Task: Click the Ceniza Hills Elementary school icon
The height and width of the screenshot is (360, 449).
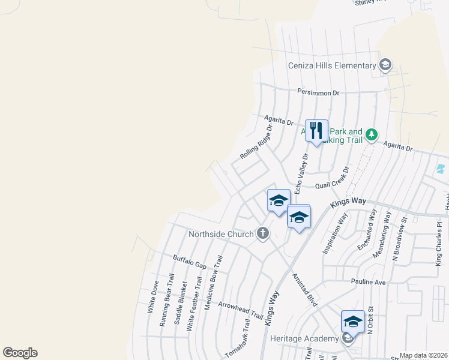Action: pyautogui.click(x=385, y=65)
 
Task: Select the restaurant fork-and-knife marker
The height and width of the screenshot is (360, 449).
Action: pyautogui.click(x=316, y=130)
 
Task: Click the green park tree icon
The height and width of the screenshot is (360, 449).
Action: pyautogui.click(x=372, y=134)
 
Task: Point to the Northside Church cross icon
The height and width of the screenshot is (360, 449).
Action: pyautogui.click(x=262, y=233)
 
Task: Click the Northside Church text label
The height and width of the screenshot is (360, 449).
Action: pyautogui.click(x=221, y=233)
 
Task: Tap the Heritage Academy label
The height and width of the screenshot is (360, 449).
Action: pyautogui.click(x=304, y=338)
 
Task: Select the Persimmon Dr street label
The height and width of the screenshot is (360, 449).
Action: pyautogui.click(x=319, y=92)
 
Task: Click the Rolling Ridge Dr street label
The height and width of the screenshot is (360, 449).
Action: pyautogui.click(x=256, y=142)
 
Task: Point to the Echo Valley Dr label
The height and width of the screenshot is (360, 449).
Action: pyautogui.click(x=301, y=173)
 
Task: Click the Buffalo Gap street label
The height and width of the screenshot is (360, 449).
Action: pyautogui.click(x=190, y=262)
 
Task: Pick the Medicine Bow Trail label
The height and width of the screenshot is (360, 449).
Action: pyautogui.click(x=214, y=282)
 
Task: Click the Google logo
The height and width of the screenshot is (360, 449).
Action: pyautogui.click(x=20, y=353)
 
